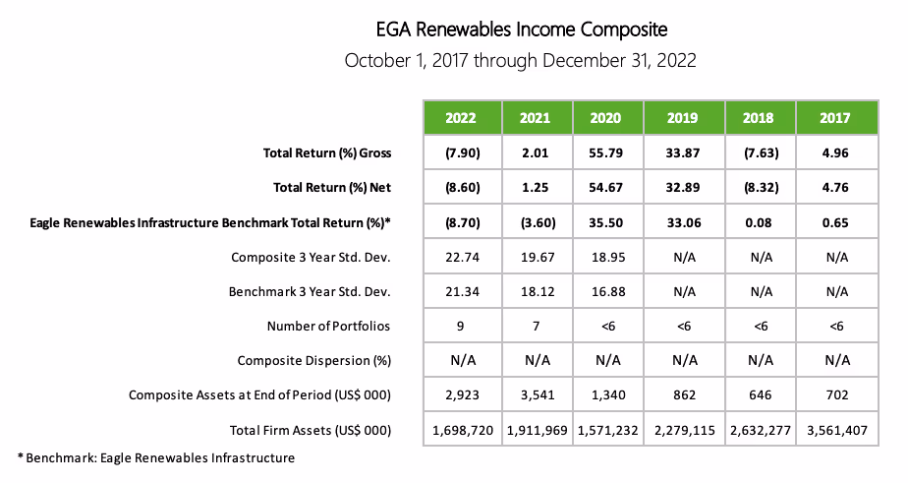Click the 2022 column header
[461, 118]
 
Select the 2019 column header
[683, 118]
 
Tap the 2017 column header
[835, 118]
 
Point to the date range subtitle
[520, 60]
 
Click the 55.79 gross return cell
[606, 152]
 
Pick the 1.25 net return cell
[537, 187]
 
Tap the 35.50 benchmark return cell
[606, 222]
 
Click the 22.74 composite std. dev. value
[461, 257]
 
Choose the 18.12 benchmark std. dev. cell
[537, 291]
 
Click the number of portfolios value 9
[461, 326]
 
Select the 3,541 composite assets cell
[537, 394]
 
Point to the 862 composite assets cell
[683, 394]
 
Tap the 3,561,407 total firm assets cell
[835, 430]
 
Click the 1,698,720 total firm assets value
[461, 430]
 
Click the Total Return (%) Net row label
[327, 187]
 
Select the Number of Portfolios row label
[329, 326]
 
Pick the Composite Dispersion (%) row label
[314, 360]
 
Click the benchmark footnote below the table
[156, 457]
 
